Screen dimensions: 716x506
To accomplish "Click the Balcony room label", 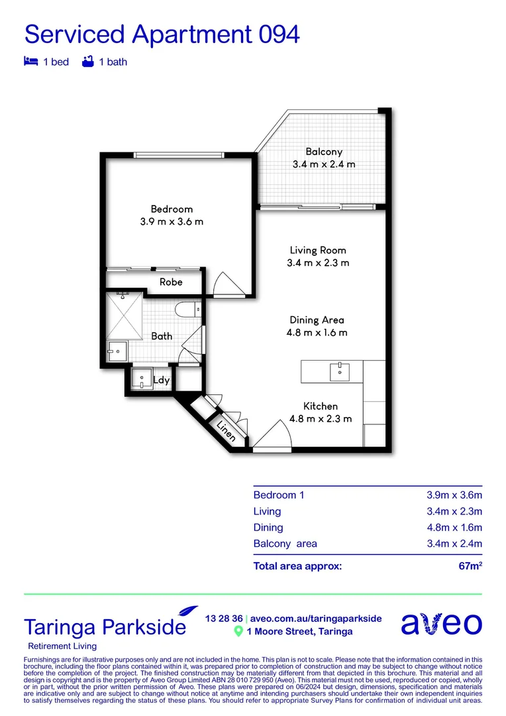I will [x=324, y=152].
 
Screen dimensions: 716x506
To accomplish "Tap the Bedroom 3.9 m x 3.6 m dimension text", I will [x=172, y=222].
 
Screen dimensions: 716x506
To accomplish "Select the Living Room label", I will [x=318, y=251].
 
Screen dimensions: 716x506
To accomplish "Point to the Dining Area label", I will [x=317, y=320].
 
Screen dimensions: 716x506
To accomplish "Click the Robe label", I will [x=171, y=282].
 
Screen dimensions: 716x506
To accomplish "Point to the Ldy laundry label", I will [x=161, y=380].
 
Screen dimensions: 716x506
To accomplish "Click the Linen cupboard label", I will [x=226, y=432].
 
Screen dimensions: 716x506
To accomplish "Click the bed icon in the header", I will [x=30, y=62].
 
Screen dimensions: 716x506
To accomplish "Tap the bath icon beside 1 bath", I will [x=87, y=62].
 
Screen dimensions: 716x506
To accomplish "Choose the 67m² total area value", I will [x=469, y=566].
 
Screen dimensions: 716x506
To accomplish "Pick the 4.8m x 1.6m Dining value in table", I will [x=454, y=528].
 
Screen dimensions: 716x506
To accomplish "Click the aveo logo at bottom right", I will [x=442, y=625].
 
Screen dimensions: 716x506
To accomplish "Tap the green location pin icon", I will [x=238, y=632].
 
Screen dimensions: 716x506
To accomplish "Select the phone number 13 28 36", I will [x=224, y=618].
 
